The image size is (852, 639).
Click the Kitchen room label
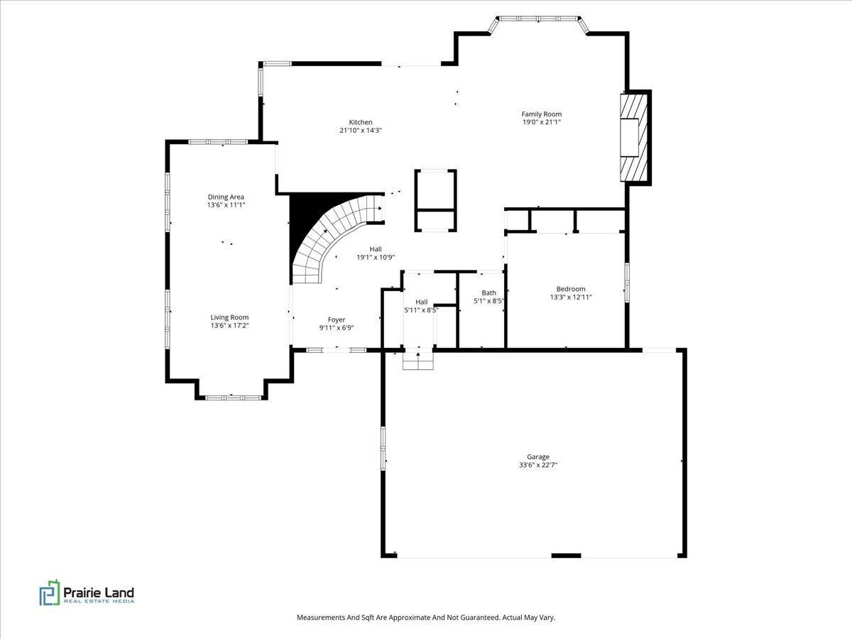361,122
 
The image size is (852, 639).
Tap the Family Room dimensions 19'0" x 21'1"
542,122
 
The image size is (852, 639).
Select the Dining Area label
226,197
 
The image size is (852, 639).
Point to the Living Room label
229,317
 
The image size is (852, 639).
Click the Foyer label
337,319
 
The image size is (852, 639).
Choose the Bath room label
488,293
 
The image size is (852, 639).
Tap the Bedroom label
571,289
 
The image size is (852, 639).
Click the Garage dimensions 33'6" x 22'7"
538,465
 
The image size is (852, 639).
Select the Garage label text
538,457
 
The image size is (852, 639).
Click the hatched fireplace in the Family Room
634,137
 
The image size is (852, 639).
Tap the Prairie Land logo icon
50,593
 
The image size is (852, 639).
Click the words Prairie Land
99,592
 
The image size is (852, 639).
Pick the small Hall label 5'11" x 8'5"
421,306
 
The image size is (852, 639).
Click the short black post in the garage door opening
566,556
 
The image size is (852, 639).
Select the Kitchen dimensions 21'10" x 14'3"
361,131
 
